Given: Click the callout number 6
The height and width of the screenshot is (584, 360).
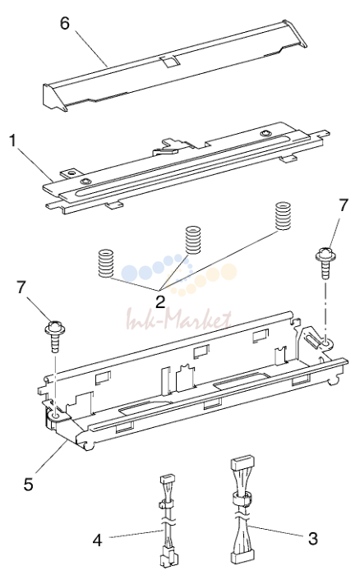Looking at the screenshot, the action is point(65,24).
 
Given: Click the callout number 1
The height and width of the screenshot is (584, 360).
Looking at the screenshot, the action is point(13,141).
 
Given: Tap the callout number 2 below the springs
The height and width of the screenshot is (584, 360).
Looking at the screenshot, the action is point(160,301).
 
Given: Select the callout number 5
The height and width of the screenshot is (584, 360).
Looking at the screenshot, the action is point(28,484).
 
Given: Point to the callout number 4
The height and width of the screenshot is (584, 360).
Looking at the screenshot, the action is point(98,540).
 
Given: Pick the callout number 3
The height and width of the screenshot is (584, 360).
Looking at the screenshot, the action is point(313,538).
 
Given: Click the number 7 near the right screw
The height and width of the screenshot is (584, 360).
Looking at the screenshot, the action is point(344,205).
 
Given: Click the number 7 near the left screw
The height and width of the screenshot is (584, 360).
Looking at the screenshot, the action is point(22,287).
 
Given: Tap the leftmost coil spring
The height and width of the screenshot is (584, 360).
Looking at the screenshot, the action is point(105,263).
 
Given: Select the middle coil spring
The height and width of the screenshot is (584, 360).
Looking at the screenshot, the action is point(193,240).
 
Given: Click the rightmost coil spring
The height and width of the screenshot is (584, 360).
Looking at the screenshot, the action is point(283,216).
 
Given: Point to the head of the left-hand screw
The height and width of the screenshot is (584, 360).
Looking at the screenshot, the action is point(55,328).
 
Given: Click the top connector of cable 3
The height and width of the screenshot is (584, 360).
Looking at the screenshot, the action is point(240,464).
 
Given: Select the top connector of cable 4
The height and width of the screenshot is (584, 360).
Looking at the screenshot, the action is point(167,479).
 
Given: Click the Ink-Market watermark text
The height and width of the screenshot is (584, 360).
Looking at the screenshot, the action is point(179,320).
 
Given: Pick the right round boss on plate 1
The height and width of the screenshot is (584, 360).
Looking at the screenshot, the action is point(265,133).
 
